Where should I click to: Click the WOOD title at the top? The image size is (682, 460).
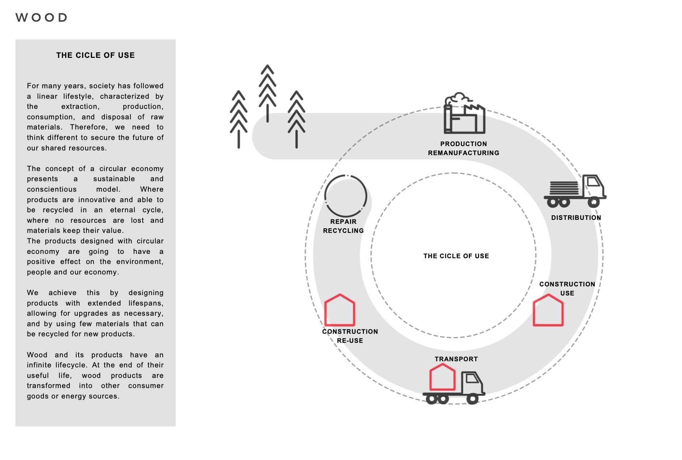tap(41, 17)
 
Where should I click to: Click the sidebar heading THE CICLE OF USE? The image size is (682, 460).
tap(96, 55)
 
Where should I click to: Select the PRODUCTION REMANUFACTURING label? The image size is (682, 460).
tap(463, 148)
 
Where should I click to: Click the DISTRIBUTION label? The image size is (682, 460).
tap(576, 218)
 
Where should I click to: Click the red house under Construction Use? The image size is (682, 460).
tap(548, 311)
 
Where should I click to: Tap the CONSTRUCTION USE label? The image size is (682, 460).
tap(567, 289)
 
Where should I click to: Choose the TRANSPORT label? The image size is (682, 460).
tap(456, 359)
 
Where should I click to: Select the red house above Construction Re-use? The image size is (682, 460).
tap(340, 311)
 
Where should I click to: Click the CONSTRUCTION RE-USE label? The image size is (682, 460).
tap(350, 336)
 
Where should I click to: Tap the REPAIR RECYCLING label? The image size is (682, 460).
tap(343, 226)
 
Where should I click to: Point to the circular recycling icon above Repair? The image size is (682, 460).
tap(346, 196)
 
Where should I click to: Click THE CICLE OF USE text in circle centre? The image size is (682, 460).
tap(456, 256)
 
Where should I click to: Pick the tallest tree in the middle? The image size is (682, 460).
tap(268, 93)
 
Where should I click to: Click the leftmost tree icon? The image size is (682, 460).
tap(239, 119)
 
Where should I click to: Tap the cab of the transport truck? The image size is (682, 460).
tap(472, 383)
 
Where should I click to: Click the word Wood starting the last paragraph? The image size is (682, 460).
tap(37, 355)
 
